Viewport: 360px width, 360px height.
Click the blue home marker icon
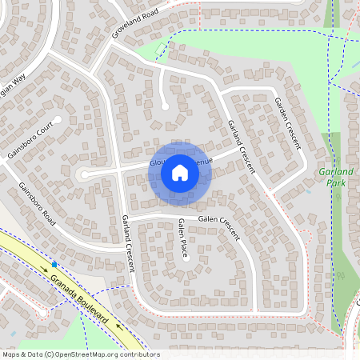179,173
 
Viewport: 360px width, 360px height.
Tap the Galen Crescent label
219,220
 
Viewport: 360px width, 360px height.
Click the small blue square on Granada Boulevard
54,263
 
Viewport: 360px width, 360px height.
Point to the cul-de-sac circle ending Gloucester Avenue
82,174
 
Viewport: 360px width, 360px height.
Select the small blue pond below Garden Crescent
308,191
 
